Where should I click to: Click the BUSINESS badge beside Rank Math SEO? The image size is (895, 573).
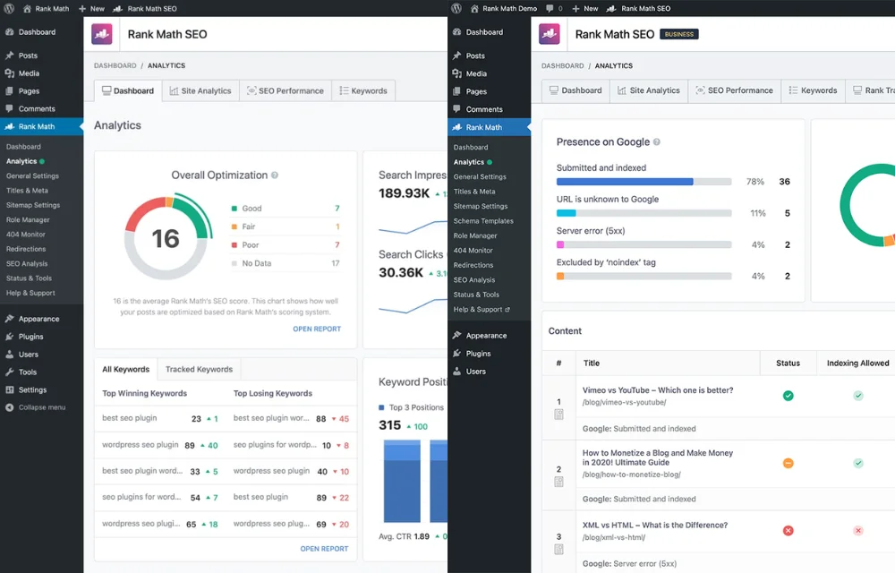pos(678,34)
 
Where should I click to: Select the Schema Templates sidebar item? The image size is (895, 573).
pos(483,221)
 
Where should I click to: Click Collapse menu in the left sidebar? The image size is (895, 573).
pos(41,407)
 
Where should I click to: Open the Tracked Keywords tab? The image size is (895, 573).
pos(199,369)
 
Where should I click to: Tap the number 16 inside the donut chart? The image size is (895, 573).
pos(166,238)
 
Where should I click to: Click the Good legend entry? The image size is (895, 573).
pos(251,209)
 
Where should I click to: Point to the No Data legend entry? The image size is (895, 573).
pos(256,263)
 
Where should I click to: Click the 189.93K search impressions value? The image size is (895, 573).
pos(404,193)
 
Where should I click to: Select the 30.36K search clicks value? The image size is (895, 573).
pos(400,272)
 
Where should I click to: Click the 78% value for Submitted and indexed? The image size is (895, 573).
pos(755,182)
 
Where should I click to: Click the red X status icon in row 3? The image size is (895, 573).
pos(788,530)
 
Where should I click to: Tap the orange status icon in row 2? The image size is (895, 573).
pos(788,463)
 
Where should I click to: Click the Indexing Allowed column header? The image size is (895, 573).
pos(857,363)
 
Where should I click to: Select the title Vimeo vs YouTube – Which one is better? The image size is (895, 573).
pos(658,390)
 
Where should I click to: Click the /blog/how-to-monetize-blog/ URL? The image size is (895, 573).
pos(631,475)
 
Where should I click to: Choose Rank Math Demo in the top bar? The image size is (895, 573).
pos(509,8)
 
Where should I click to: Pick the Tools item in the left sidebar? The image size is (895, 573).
pos(28,372)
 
